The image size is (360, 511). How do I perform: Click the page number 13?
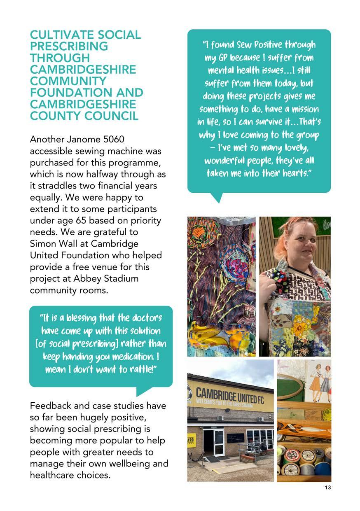click(328, 488)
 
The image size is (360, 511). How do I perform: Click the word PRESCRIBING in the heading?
click(69, 47)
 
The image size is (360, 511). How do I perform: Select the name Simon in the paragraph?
click(44, 244)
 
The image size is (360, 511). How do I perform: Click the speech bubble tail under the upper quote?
click(217, 197)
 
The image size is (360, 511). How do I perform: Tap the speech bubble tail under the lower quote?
click(143, 391)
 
